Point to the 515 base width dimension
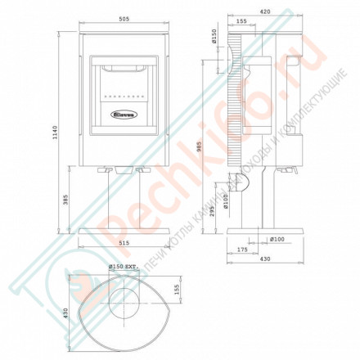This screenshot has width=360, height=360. (x=124, y=243)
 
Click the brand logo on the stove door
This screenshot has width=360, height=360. (x=124, y=115)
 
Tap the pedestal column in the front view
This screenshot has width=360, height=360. (x=124, y=200)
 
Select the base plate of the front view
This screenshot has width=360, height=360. (x=124, y=231)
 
